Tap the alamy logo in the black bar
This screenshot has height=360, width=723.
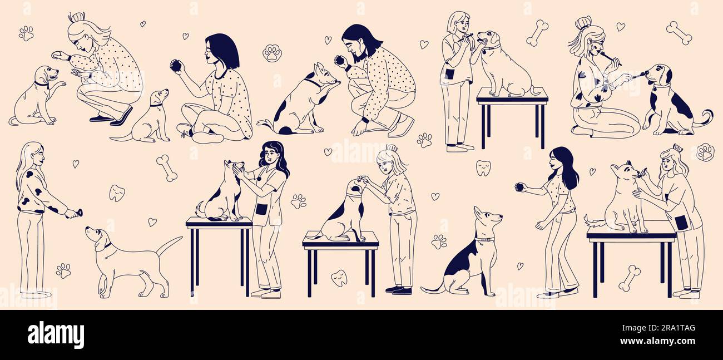(56, 335)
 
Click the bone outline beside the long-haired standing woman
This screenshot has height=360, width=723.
(166, 168)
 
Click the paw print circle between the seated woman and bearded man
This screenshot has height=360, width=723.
(272, 53)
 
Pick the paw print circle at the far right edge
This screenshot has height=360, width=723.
(705, 152)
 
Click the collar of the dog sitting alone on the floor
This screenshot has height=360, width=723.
(484, 239)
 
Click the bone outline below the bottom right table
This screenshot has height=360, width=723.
(630, 278)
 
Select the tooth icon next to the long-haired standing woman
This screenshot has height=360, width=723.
(116, 193)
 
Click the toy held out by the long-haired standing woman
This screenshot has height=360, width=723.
(77, 212)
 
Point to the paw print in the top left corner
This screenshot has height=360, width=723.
(26, 33)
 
